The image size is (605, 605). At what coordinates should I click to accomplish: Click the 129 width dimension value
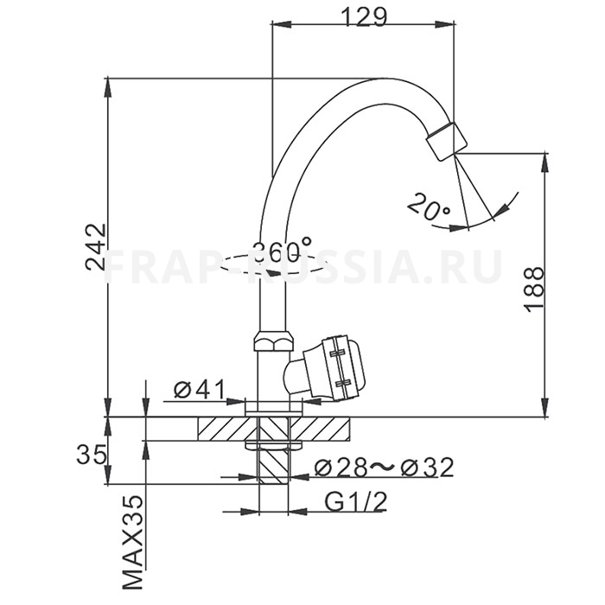point(364,16)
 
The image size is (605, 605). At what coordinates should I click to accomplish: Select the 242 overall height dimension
point(95,247)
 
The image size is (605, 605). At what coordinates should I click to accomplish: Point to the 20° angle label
point(429,209)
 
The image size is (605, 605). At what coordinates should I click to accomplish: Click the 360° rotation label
point(282,249)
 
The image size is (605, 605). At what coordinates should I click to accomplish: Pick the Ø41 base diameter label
point(199,390)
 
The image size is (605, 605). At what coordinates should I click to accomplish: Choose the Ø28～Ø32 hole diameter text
point(384,468)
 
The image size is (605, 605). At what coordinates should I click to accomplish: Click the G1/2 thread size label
point(355,501)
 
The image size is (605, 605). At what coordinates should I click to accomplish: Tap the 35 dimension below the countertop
point(92,454)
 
